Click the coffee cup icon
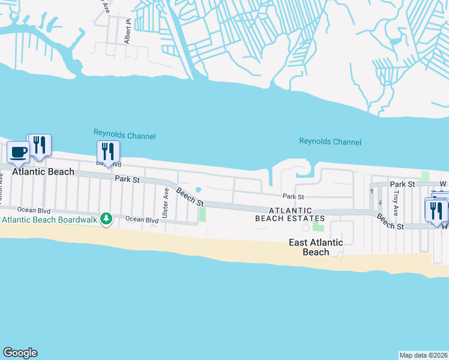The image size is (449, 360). [x=18, y=151]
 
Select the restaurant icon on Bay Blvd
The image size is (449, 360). [x=108, y=151]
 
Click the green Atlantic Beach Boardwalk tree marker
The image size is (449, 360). [x=106, y=218]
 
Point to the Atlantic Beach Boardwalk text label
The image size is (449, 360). [x=49, y=220]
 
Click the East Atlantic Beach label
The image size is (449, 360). [x=316, y=247]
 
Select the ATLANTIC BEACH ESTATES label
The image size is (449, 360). [x=291, y=214]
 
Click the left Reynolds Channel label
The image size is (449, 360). [x=124, y=136]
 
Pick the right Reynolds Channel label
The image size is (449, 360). [x=330, y=142]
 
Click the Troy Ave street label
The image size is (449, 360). [x=395, y=203]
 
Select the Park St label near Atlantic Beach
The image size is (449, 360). [x=127, y=179]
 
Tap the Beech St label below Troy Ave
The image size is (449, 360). [x=390, y=221]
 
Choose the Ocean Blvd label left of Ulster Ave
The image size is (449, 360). [x=142, y=220]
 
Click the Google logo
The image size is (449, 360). [x=20, y=353]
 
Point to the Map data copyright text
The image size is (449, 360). [x=423, y=355]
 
